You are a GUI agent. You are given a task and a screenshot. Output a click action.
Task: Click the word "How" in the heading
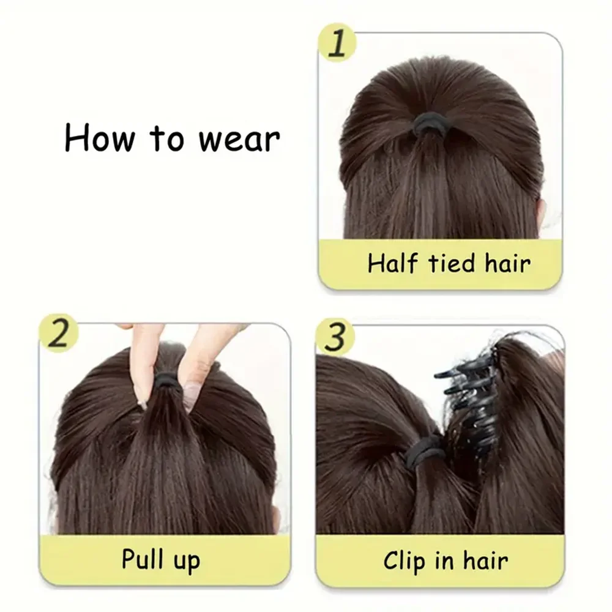99,138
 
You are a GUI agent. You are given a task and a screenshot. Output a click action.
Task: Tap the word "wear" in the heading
239,139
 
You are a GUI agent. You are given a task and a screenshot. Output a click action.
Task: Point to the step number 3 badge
335,336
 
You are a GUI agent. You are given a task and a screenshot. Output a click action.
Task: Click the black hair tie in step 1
429,127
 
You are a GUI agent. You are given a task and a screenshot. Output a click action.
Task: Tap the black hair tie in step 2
166,382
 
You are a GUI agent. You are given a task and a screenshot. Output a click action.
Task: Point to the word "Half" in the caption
392,264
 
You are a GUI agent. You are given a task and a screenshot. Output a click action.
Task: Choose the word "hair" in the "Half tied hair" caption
507,264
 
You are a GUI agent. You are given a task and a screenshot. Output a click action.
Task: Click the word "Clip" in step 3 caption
405,561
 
